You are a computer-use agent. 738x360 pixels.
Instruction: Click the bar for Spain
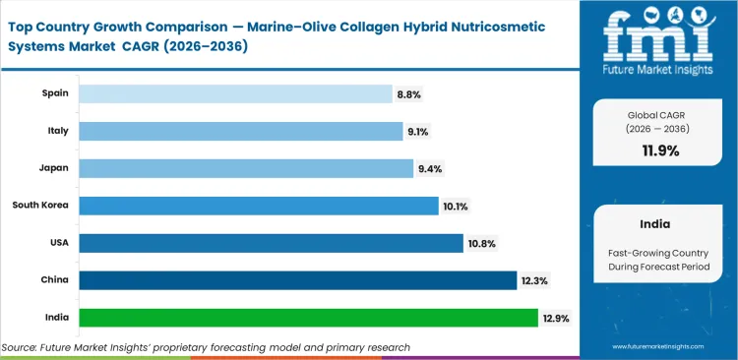(x=235, y=93)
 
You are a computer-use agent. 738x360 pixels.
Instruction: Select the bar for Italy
(x=240, y=131)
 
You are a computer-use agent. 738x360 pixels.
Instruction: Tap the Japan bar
(x=246, y=168)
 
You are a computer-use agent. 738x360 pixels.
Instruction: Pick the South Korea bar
(x=258, y=206)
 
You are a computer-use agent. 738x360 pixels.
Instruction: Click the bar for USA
(x=271, y=243)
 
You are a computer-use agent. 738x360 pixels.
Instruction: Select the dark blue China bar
(x=297, y=280)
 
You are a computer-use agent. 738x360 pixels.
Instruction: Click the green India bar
(x=308, y=318)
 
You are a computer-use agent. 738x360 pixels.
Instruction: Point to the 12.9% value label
(x=555, y=318)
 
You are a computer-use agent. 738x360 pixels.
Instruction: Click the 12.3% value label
(x=534, y=280)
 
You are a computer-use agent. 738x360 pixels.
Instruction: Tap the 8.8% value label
(x=409, y=93)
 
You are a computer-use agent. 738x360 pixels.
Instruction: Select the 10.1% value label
(x=457, y=206)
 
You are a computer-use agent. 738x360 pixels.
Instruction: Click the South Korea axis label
(x=39, y=206)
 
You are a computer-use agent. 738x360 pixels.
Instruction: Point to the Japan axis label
(x=53, y=168)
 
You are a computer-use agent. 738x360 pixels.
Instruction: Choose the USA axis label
(x=57, y=243)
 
